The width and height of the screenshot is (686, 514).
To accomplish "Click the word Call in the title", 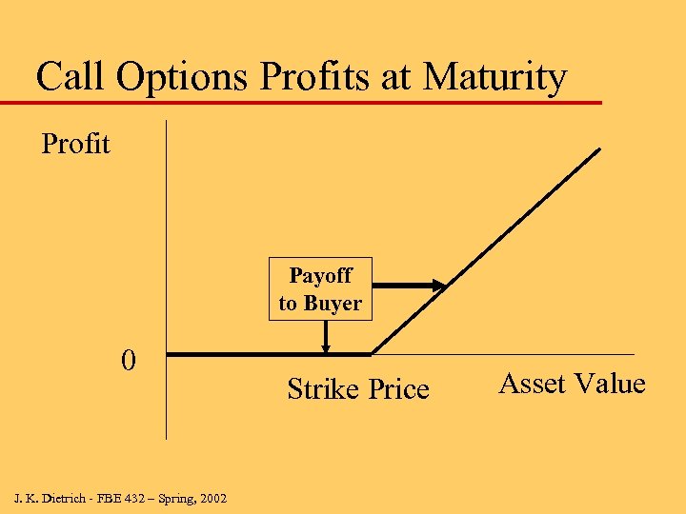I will coord(72,77).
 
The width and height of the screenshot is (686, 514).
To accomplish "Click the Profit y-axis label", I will coord(75,145).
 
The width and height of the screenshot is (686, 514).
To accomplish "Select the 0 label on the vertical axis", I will coord(129,361).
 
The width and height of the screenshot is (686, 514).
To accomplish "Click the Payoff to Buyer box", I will coord(320,289).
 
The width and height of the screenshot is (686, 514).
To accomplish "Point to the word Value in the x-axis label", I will coord(610,384).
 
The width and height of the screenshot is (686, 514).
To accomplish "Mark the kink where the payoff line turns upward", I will coord(371,354).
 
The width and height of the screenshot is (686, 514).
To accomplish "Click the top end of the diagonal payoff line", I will coord(599,149).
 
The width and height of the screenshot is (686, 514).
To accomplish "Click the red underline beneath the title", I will coord(305,102).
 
